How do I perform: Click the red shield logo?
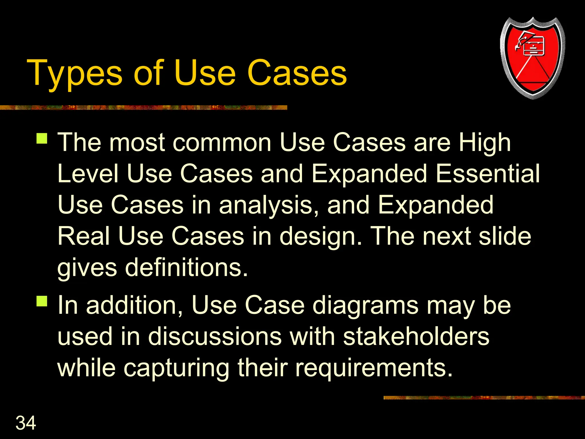tap(532, 58)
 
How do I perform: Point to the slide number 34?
tap(26, 423)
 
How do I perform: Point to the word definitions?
tap(186, 268)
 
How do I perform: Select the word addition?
tap(134, 305)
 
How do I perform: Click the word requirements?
tap(374, 368)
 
